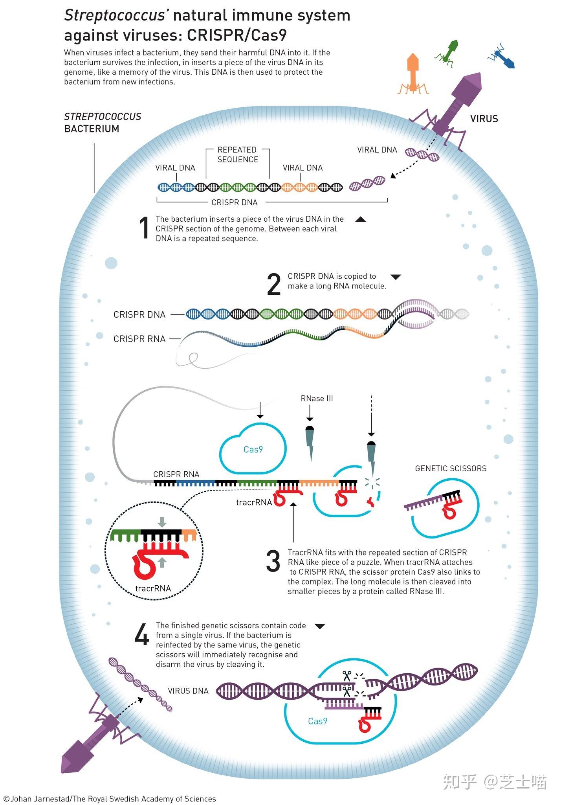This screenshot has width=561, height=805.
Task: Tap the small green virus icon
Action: coord(447,51)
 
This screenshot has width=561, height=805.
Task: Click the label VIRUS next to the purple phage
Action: coord(484,119)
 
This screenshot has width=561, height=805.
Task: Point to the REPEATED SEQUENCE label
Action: coord(238,154)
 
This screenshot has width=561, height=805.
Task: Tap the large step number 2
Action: coord(274,285)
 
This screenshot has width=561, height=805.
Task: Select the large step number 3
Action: coord(273,561)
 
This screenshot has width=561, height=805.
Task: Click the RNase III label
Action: coord(317,399)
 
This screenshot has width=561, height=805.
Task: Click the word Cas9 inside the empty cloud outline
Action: coord(253,450)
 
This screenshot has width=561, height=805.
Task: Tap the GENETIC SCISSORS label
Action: coord(451,469)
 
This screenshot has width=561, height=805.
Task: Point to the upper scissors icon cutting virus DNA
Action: coord(346,676)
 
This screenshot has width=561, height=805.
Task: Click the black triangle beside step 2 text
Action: coord(396,277)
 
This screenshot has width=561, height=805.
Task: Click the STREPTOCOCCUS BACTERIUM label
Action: coord(103,123)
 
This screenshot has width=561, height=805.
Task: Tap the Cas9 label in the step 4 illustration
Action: coord(317,721)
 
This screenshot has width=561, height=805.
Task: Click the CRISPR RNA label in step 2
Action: coord(139,339)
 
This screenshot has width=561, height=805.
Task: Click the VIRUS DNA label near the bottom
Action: coord(188,691)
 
